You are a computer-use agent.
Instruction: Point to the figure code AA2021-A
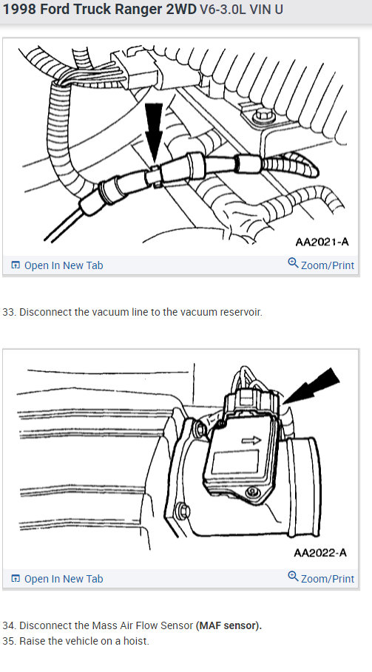coord(321,241)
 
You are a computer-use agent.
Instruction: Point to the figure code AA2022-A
coord(320,552)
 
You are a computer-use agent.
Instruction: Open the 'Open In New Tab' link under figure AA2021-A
coord(63,265)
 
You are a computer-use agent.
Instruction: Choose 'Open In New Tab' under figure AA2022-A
coord(63,579)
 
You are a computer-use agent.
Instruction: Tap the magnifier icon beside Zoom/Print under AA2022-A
coord(293,577)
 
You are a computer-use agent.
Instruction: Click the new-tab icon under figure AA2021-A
coord(16,265)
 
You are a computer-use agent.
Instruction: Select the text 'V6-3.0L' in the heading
coord(221,11)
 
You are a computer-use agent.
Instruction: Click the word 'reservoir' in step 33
coord(240,312)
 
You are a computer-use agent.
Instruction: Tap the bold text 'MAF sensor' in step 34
coord(229,625)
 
